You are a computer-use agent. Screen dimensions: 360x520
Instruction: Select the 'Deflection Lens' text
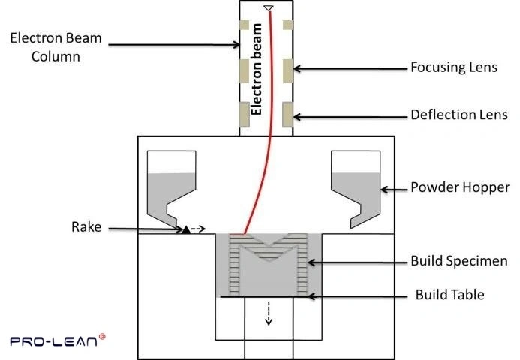click(458, 115)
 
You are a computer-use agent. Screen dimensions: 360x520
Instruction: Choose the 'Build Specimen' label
click(458, 262)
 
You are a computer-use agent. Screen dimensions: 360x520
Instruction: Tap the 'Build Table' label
click(449, 295)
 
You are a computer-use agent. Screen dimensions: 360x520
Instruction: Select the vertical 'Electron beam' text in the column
click(257, 69)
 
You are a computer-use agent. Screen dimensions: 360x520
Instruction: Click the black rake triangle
click(185, 229)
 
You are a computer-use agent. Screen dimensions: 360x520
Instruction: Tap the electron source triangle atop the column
click(268, 8)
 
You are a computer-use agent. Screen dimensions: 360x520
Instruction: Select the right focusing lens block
click(287, 71)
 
